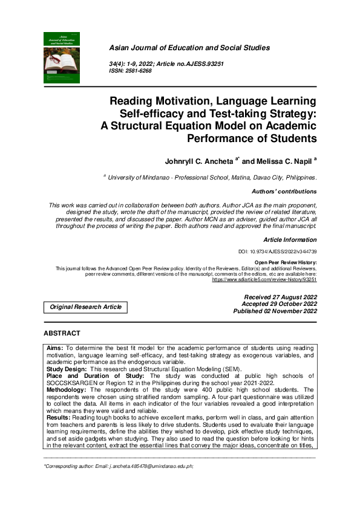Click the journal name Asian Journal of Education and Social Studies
[x=189, y=48]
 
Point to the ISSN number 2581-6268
[x=139, y=71]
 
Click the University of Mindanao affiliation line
[x=212, y=177]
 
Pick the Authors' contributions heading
[x=283, y=192]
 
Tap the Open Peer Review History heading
[x=286, y=263]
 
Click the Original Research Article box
[x=85, y=307]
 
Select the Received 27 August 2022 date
[x=280, y=297]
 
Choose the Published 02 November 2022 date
[x=275, y=311]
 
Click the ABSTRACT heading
[x=62, y=334]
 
